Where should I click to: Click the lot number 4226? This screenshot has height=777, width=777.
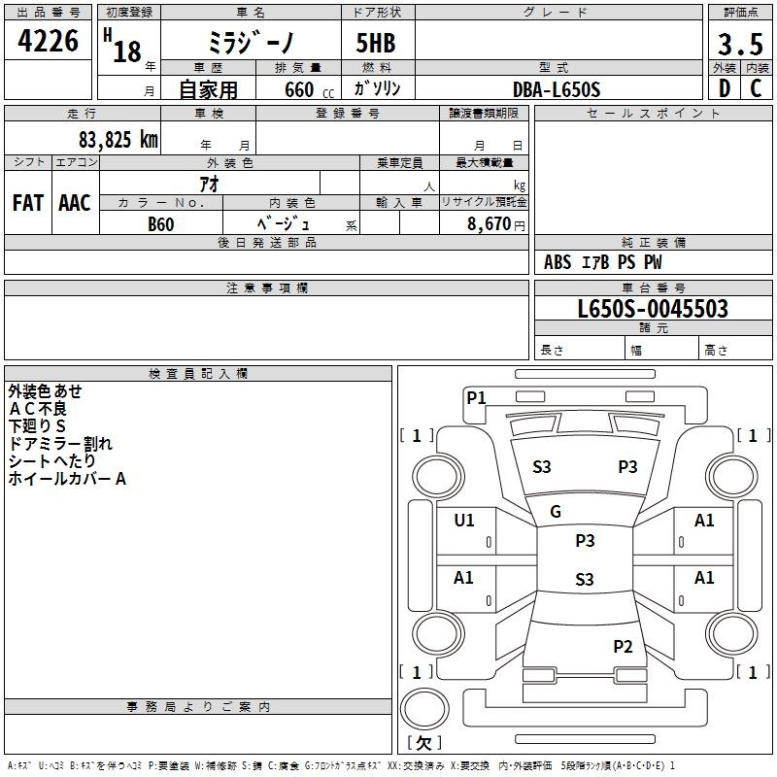tap(48, 41)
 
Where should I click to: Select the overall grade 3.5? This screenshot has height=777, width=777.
tap(740, 45)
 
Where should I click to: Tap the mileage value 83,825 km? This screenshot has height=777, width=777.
tap(118, 140)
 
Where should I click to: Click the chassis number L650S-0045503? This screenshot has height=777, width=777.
tap(653, 309)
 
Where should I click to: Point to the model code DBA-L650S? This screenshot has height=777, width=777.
tap(557, 89)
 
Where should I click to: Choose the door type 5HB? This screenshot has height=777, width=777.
tap(376, 43)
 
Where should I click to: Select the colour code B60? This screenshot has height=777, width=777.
tap(161, 224)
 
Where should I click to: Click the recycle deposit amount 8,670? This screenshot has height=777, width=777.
tap(489, 224)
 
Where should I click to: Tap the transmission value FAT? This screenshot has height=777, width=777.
tap(28, 203)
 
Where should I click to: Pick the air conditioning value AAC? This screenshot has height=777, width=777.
tap(75, 203)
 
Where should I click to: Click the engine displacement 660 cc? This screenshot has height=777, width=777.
tap(309, 90)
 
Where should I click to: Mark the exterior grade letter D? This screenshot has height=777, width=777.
tap(725, 88)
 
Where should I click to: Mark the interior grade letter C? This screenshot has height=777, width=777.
tap(756, 88)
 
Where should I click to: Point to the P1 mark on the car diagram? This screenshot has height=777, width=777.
tap(476, 397)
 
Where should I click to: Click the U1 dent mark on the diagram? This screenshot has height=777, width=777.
tap(464, 520)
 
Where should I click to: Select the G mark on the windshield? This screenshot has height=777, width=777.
tap(556, 512)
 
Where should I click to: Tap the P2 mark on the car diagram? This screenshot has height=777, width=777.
tap(623, 646)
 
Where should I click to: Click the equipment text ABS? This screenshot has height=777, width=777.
tap(557, 262)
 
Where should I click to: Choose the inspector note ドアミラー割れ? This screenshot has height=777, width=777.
tap(60, 444)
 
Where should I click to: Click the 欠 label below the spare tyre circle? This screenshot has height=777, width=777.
tap(423, 743)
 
